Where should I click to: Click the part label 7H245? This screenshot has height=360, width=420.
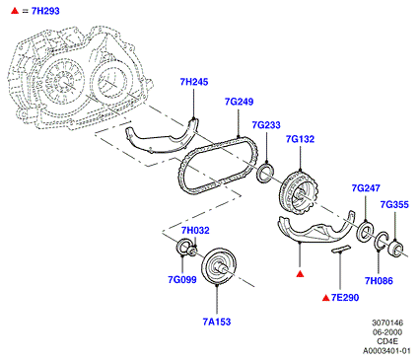click(x=194, y=82)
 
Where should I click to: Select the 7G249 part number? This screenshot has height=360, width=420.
click(x=239, y=102)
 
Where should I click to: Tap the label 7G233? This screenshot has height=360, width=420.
click(x=266, y=125)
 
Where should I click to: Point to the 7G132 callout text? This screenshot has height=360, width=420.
click(x=300, y=139)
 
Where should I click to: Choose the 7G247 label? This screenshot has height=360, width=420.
click(x=366, y=188)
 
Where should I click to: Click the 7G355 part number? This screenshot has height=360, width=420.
click(x=394, y=204)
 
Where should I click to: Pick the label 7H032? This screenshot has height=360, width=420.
click(x=195, y=230)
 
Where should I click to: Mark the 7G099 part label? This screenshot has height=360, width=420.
click(x=182, y=279)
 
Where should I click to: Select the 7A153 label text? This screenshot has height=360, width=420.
click(x=217, y=322)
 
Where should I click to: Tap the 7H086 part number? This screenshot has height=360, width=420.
click(x=379, y=281)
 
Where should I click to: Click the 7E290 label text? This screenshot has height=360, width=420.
click(x=345, y=298)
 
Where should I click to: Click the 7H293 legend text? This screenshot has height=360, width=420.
click(x=45, y=11)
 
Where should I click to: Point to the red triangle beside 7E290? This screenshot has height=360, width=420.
click(x=325, y=298)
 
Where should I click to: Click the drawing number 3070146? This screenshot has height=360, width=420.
click(x=387, y=323)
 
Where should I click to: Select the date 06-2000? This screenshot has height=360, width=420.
click(x=387, y=332)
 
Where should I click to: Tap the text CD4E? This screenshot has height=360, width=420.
click(x=387, y=341)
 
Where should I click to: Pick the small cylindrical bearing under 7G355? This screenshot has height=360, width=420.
click(x=395, y=249)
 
